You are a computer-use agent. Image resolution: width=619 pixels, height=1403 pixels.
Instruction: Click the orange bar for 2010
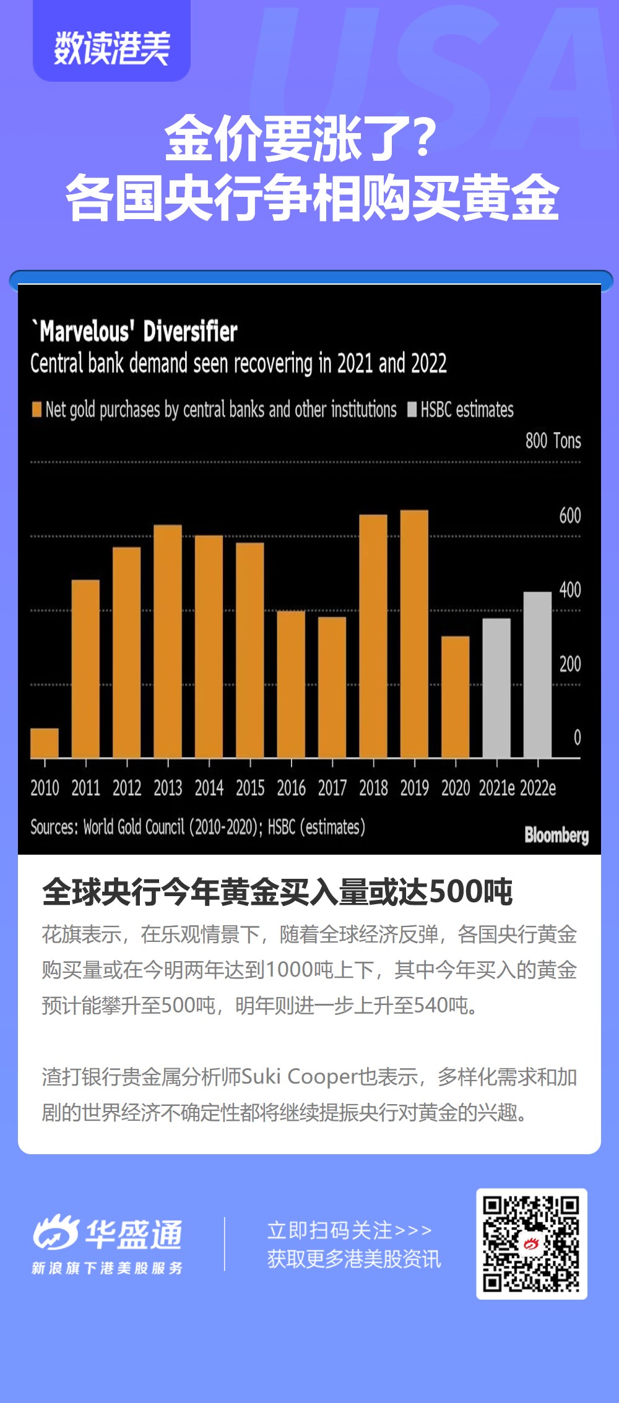pos(45,743)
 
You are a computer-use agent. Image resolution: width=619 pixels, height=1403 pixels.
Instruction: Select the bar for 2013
pos(168,641)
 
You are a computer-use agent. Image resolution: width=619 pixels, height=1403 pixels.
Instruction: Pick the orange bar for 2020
pos(456,696)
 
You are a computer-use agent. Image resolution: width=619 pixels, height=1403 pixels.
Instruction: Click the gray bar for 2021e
pos(496,687)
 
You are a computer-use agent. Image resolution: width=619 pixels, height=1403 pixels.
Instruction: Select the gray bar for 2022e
pos(537,674)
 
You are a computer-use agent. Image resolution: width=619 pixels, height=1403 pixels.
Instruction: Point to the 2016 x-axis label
pos(291,788)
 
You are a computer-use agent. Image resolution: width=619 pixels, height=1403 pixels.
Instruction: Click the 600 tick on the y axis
pos(569,516)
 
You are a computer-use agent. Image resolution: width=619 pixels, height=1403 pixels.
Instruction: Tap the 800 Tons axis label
pos(553,441)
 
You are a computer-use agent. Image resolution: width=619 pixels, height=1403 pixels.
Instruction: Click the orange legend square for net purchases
pos(37,409)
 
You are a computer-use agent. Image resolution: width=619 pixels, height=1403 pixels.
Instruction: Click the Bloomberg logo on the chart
pos(556,835)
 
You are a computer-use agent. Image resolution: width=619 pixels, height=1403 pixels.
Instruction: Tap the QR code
pos(532,1243)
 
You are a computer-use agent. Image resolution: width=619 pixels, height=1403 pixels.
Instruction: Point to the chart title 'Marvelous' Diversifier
pos(135,331)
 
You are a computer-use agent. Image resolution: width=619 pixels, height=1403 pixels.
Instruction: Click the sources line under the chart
pos(197,827)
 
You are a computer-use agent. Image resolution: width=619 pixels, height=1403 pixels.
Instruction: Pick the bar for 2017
pos(332,687)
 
